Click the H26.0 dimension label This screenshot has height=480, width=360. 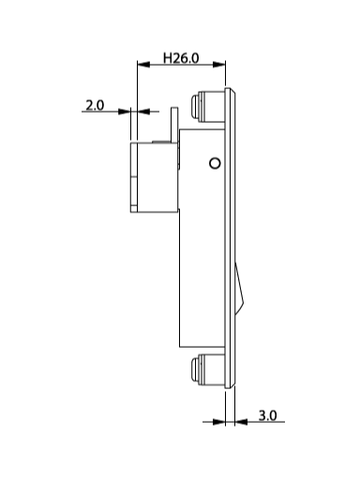click(x=181, y=58)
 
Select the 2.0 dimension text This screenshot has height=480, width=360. click(x=95, y=105)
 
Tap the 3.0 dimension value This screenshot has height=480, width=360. click(x=267, y=415)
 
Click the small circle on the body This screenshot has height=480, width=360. click(x=215, y=163)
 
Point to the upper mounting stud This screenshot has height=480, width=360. click(x=207, y=106)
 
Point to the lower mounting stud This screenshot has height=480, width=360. click(x=207, y=369)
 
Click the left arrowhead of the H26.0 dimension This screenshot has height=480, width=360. click(x=143, y=65)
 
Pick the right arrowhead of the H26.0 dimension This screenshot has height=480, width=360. click(x=219, y=65)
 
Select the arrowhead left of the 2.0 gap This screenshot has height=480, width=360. click(x=125, y=112)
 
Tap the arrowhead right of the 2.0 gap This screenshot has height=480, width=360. click(x=143, y=112)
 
